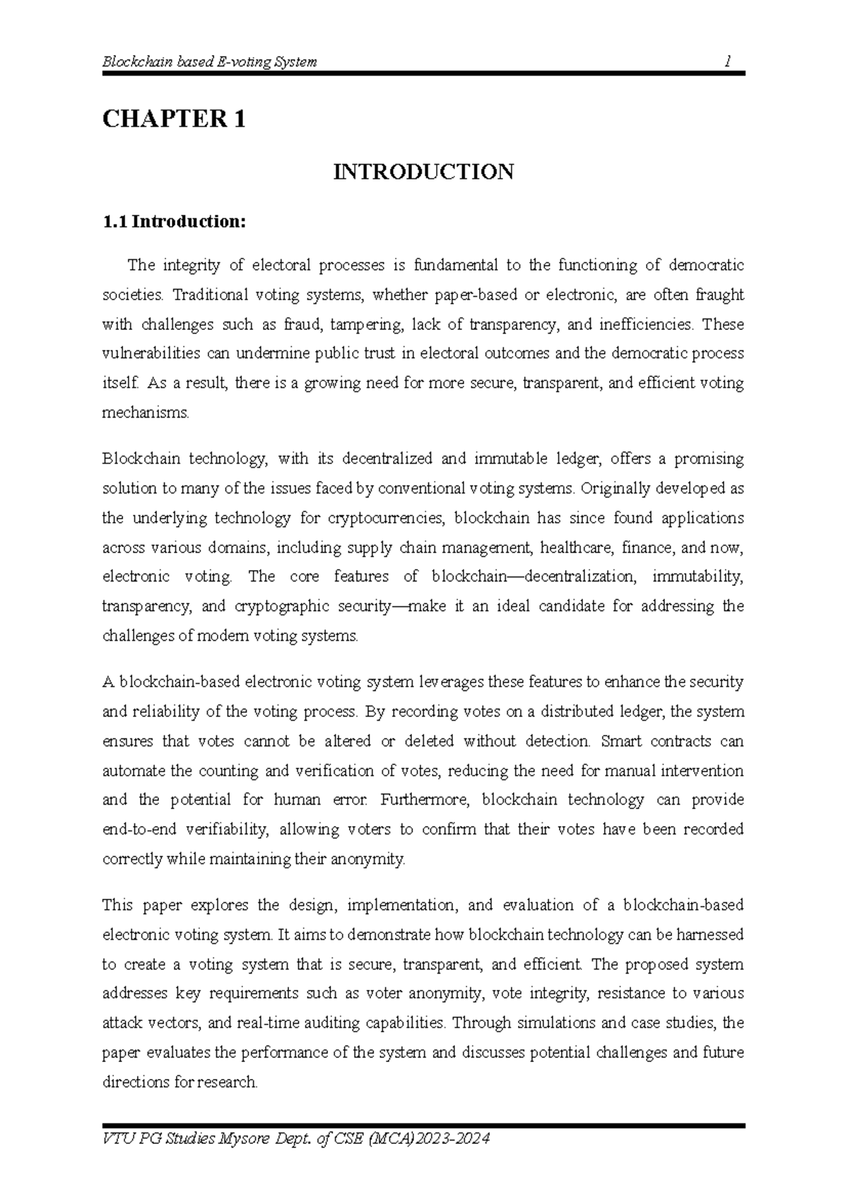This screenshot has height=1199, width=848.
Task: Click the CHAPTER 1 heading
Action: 174,119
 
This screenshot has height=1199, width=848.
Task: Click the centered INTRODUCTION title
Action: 423,172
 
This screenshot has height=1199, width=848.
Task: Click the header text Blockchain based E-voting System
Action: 210,61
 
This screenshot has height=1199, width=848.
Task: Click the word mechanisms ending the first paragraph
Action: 146,413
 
